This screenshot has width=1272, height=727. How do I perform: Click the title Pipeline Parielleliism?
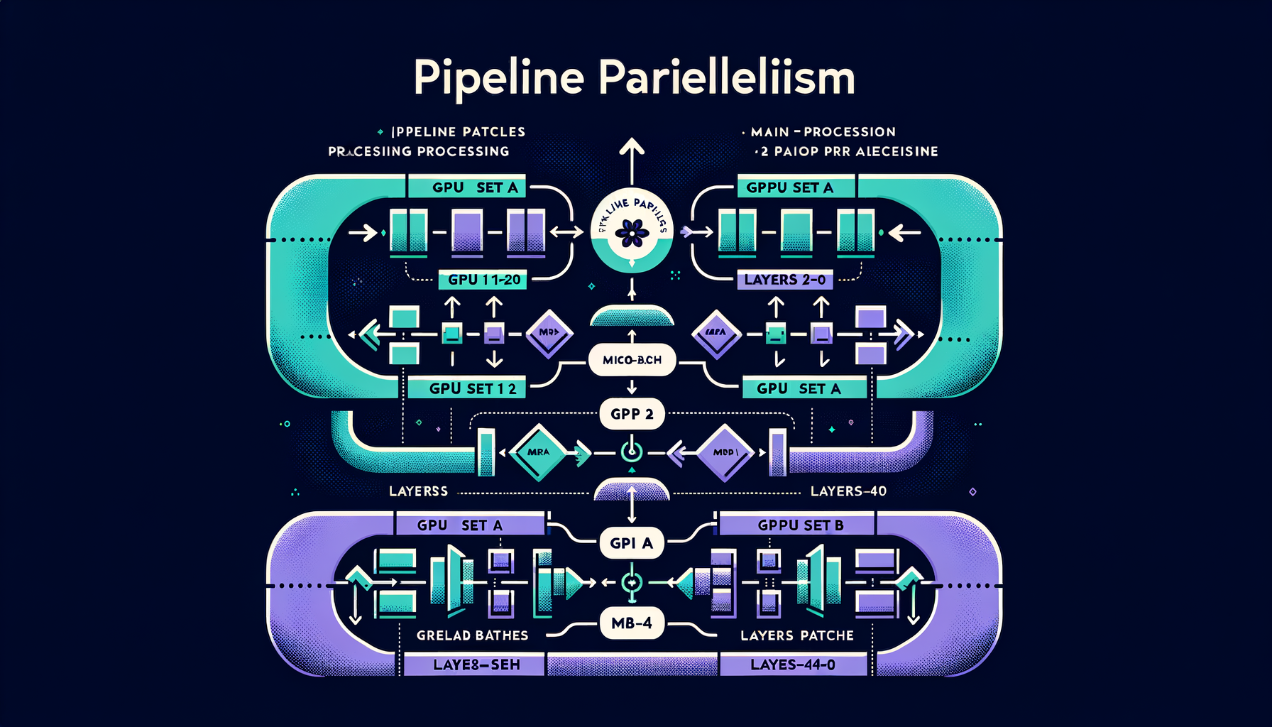point(634,77)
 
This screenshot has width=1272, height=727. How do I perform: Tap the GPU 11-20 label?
point(484,280)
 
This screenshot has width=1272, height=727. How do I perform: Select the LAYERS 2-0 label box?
point(784,280)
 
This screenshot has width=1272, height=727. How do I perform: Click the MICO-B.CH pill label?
point(632,360)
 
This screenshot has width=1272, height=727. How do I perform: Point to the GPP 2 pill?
point(632,414)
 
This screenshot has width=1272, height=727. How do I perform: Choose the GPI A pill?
point(631,543)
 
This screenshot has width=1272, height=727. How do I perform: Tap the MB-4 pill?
point(631,623)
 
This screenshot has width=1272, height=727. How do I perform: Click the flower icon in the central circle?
point(631,232)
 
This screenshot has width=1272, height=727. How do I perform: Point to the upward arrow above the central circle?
point(631,156)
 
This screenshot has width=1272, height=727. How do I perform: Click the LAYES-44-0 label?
point(793,665)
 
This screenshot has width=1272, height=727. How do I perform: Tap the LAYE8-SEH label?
point(476,665)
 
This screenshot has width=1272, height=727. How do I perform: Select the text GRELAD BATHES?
point(472,635)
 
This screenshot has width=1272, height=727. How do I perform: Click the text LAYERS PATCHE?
point(796,635)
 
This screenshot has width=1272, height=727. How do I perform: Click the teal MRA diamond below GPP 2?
point(539,452)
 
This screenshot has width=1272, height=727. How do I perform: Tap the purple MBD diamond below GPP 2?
point(724,452)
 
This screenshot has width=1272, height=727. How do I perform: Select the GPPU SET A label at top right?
point(789,187)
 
